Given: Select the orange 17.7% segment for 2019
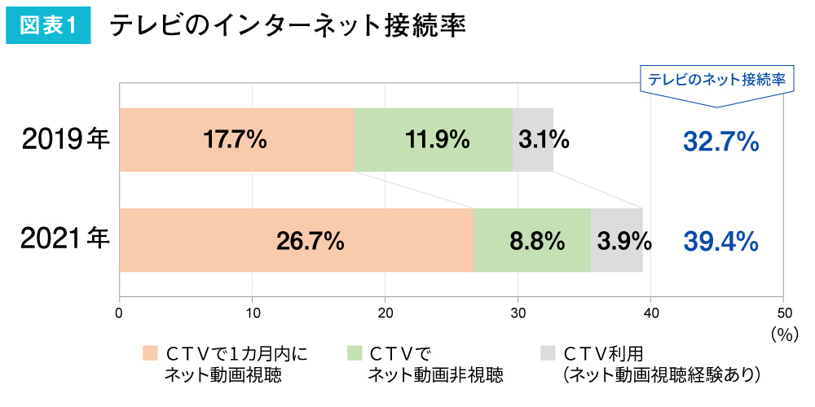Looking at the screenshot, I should point(236,140).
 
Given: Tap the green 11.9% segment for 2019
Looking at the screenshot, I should point(434,140).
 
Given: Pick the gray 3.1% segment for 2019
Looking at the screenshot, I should point(533,140).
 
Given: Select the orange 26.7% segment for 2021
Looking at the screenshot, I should point(297,240).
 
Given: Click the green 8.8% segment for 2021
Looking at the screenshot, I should point(532,240).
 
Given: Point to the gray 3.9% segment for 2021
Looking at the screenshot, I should point(617,240).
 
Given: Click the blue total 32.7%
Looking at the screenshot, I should point(720,142).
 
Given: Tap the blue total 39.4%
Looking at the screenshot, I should point(720,242).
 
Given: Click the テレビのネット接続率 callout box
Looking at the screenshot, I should point(716,80).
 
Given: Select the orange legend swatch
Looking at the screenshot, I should point(149,353).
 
